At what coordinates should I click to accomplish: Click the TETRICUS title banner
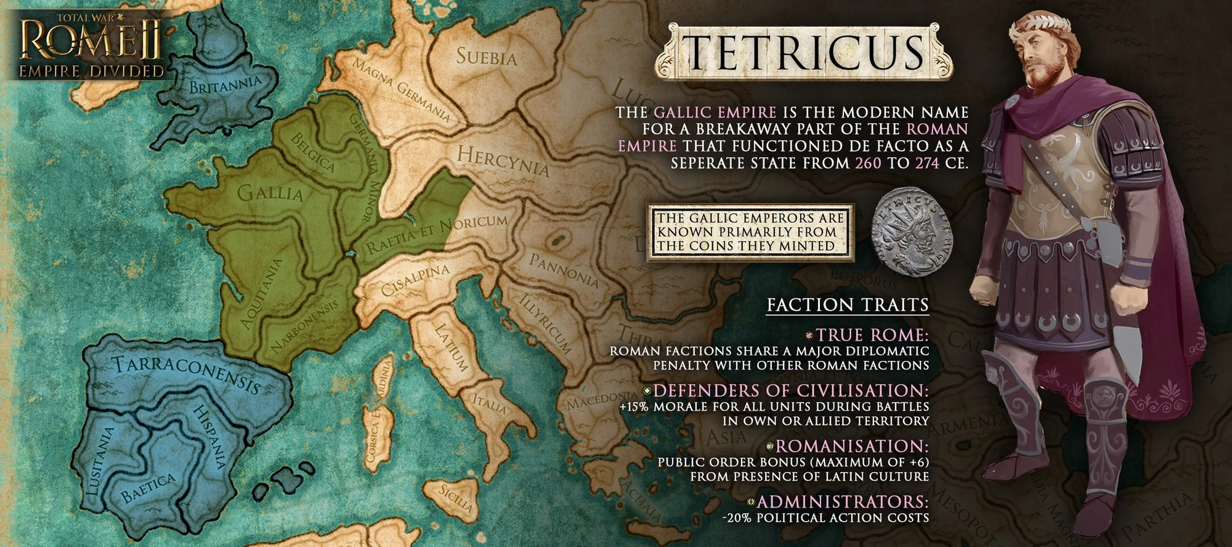tap(804, 52)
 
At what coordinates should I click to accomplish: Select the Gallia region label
tap(270, 193)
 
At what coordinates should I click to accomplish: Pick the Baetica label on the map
tap(148, 488)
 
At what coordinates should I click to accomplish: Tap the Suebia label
tap(486, 57)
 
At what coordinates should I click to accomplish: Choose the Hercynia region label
tap(502, 160)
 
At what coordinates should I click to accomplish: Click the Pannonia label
tap(564, 270)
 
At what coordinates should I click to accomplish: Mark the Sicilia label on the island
tap(456, 499)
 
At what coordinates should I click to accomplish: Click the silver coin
tap(912, 231)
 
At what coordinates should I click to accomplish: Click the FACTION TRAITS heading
tap(847, 305)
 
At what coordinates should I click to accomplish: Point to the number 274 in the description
tap(926, 163)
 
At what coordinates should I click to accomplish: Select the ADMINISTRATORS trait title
tap(842, 501)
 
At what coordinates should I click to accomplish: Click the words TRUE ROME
tap(872, 335)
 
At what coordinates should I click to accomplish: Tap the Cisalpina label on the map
tap(415, 281)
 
